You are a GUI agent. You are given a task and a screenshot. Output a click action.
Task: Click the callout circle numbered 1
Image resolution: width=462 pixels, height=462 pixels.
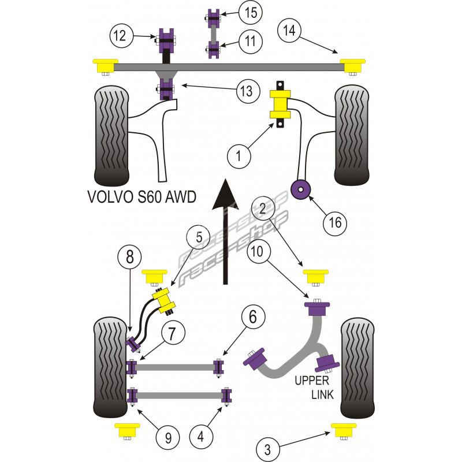pyautogui.click(x=237, y=155)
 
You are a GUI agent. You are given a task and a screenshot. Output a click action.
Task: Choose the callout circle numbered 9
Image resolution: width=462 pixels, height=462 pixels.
pyautogui.click(x=167, y=437)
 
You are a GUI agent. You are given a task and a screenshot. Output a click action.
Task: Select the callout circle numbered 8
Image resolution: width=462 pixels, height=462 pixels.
pyautogui.click(x=130, y=255)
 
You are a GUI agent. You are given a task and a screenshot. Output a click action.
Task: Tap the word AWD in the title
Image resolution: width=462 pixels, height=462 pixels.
pyautogui.click(x=180, y=196)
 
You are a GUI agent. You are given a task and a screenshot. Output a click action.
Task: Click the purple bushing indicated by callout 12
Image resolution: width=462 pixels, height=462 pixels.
pyautogui.click(x=167, y=40)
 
